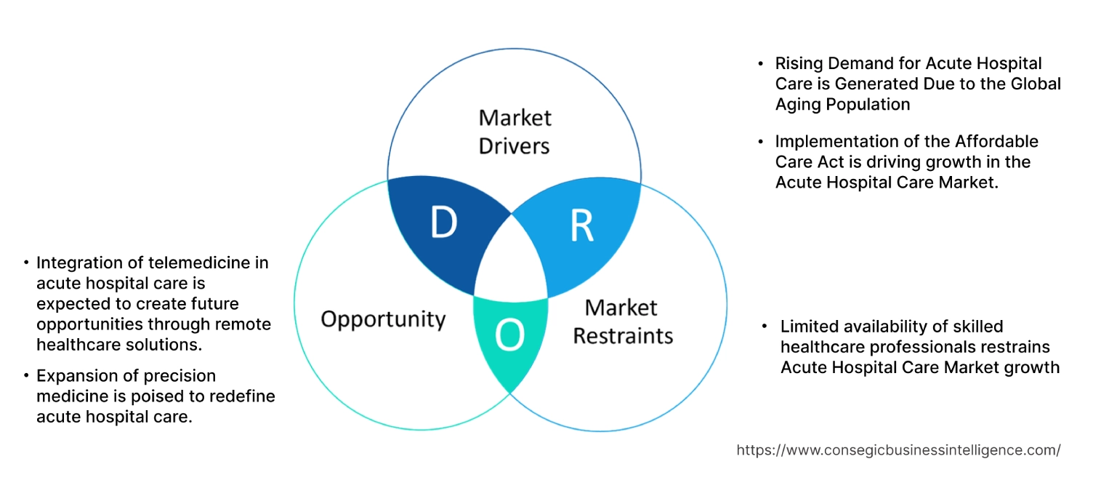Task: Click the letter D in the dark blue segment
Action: [443, 223]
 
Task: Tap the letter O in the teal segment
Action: [509, 335]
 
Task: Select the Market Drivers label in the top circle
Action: [515, 132]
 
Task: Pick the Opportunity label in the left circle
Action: [383, 319]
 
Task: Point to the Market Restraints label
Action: [623, 321]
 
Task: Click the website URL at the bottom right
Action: [898, 450]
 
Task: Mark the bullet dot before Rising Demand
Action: [760, 64]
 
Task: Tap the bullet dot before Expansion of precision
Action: [27, 377]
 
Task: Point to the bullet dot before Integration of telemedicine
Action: [27, 263]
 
